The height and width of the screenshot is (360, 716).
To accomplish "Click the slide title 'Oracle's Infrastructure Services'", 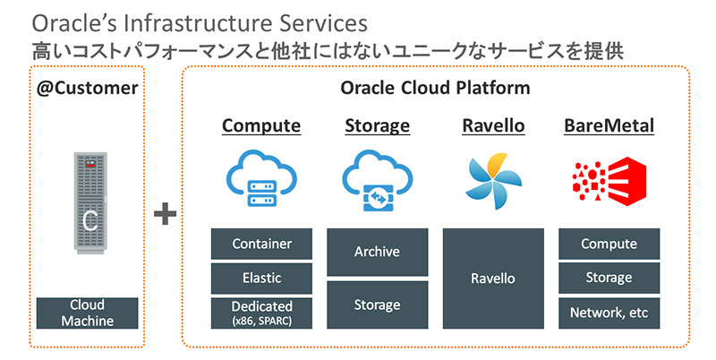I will point(185,20).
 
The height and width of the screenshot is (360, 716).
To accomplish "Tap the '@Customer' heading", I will point(88,88).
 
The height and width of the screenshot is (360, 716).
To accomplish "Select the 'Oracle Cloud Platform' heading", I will point(435,88).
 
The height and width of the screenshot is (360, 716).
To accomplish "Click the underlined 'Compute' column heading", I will point(261,125).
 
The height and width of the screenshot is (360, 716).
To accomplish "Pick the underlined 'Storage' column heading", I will point(377,125).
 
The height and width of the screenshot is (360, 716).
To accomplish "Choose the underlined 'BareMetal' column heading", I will point(609,125).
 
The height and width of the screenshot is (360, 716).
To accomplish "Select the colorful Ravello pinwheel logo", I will point(492,179).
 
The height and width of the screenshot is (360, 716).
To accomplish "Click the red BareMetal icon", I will point(609,179).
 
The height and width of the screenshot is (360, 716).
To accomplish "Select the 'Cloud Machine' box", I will point(88,313).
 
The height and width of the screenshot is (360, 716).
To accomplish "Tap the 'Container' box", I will point(261,244).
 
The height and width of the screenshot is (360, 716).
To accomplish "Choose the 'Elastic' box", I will point(261,278).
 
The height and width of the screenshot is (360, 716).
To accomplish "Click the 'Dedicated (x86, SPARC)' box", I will point(261,313).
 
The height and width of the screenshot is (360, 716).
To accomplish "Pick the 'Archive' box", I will point(377,252).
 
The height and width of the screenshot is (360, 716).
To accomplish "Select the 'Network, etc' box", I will point(609,313).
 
